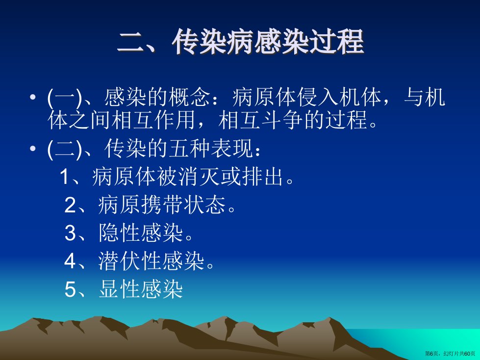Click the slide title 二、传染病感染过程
tap(241, 42)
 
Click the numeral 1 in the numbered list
tap(64, 177)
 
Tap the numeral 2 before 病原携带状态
tap(70, 205)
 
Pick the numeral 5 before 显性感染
tap(70, 289)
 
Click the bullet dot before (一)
tap(33, 98)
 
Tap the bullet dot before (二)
tap(33, 149)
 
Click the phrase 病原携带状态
tap(162, 205)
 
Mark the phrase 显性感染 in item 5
tap(141, 289)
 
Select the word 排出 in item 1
tap(262, 177)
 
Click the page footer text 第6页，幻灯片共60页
tap(450, 354)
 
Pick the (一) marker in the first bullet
tap(65, 98)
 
